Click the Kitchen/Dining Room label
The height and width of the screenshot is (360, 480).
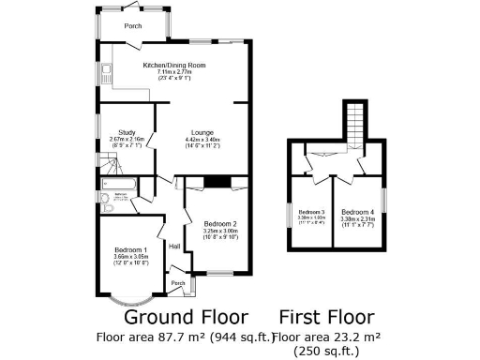coord(173,66)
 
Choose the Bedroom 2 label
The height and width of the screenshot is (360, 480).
coord(220,223)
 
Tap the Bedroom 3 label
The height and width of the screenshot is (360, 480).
coord(311,211)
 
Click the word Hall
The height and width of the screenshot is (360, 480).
coord(174,246)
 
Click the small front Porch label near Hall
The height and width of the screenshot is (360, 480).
coord(177,281)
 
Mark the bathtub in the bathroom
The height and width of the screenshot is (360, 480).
coord(121,198)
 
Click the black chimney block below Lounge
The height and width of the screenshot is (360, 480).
coord(217,182)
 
